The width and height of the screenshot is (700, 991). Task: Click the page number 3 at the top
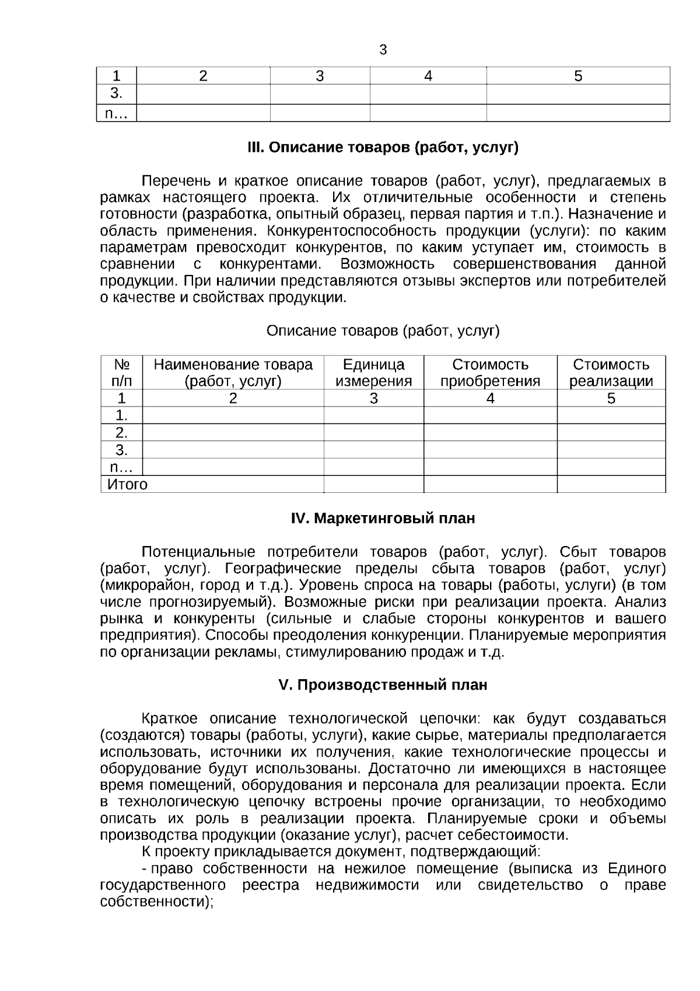coord(383,50)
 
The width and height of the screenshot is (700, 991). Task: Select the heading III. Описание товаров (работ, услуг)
coord(383,148)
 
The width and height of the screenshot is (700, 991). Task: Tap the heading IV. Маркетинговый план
coord(383,518)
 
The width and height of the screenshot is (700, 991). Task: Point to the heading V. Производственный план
coord(383,685)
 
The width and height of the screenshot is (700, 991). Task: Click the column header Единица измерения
coord(373,373)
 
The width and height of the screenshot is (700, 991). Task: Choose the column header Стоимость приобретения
coord(490,373)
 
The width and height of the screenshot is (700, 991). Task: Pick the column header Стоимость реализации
coord(611,373)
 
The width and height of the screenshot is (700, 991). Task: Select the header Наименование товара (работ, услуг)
coord(233,373)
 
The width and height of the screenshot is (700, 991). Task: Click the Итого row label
coord(127,485)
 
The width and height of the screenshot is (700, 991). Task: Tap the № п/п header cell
coord(121,373)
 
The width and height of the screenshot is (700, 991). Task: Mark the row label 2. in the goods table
coord(121,433)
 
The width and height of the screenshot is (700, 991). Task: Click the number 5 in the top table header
coord(578,76)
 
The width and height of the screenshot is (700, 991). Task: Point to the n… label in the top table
coord(116,114)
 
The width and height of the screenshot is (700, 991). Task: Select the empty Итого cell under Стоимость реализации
coord(611,485)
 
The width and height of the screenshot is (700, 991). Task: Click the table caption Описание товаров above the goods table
coord(383,331)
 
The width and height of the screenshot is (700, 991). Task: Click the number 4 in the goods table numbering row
coord(490,399)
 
